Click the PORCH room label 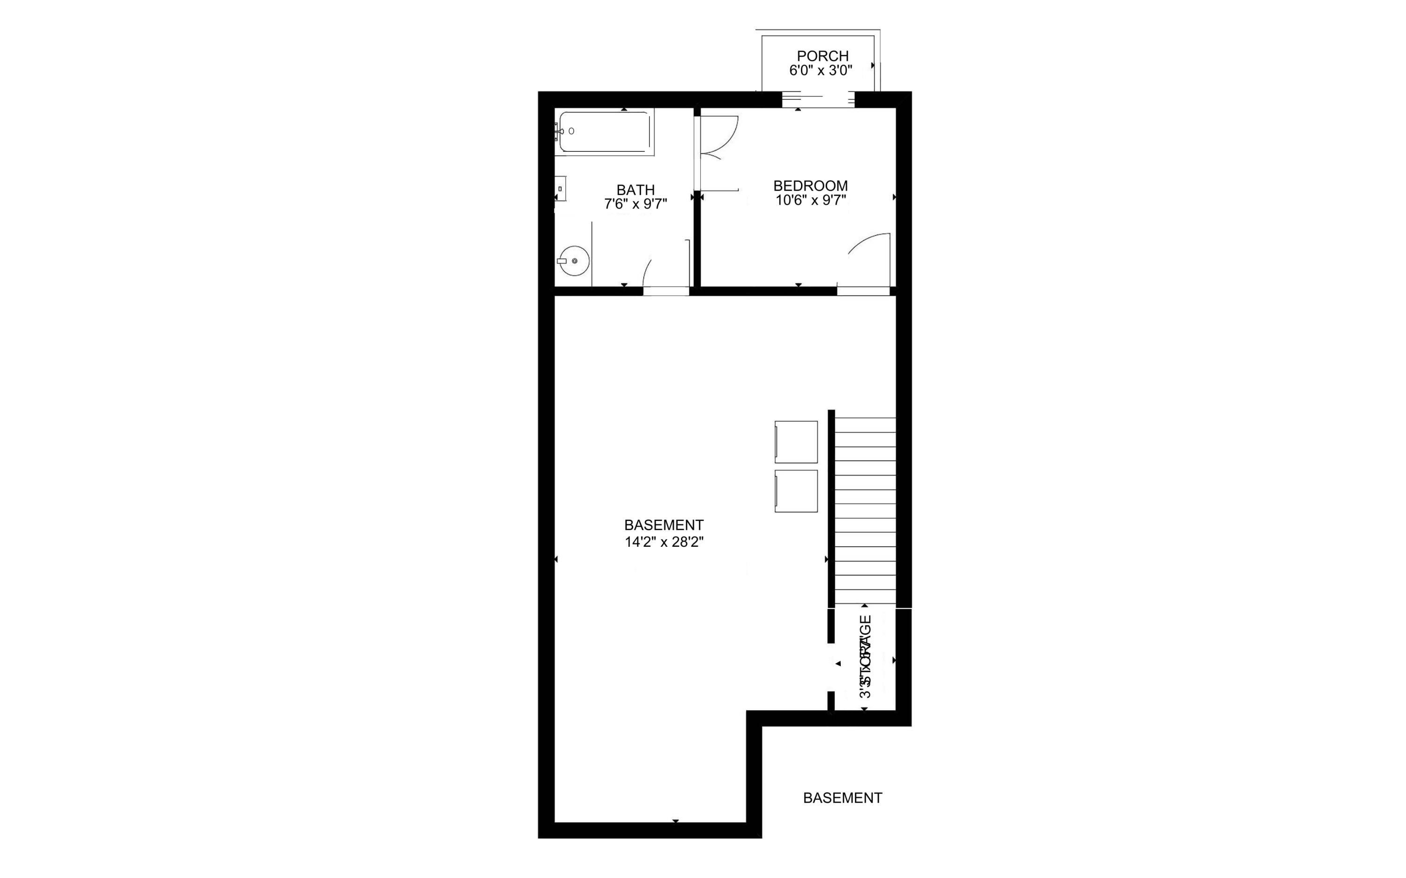(823, 56)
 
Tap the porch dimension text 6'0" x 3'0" (820, 71)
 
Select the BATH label (636, 190)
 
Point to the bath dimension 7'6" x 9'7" (636, 204)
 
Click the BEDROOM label (810, 186)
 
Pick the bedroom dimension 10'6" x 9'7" (811, 201)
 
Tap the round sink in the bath (574, 260)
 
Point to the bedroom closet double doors (718, 138)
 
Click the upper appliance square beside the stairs (796, 442)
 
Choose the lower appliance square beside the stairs (796, 491)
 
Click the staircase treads (865, 511)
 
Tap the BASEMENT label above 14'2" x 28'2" (664, 525)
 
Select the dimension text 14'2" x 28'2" (664, 543)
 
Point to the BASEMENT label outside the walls (842, 798)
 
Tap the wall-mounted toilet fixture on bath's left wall (561, 188)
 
